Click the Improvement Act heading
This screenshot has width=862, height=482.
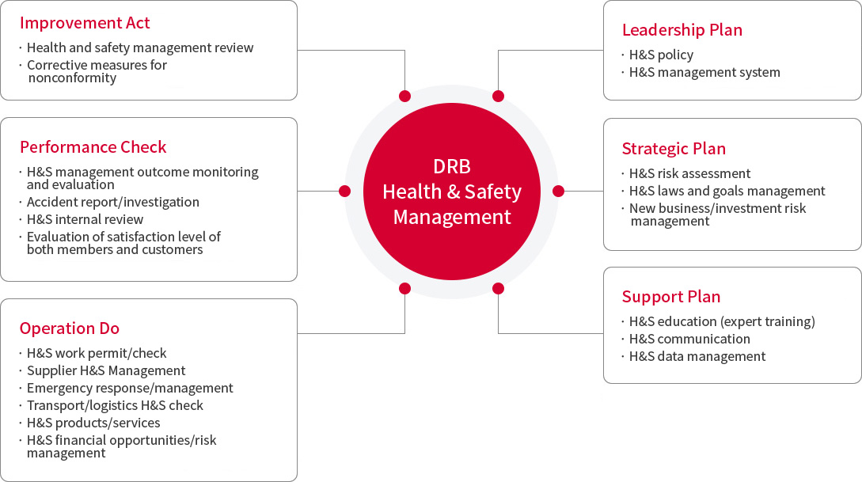click(85, 22)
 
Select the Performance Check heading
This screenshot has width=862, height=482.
click(93, 146)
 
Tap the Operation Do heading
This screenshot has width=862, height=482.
click(70, 328)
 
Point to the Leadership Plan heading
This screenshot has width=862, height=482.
click(682, 29)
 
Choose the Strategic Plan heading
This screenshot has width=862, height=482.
click(674, 148)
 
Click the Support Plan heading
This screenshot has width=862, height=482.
click(671, 296)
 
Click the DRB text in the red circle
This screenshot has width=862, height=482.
click(452, 166)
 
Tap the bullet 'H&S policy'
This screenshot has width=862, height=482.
click(662, 55)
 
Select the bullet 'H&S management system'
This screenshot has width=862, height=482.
click(704, 72)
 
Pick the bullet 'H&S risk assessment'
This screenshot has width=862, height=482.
click(690, 173)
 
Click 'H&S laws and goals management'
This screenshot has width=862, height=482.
click(727, 191)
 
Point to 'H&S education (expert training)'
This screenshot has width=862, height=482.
click(723, 321)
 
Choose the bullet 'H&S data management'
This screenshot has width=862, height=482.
click(697, 356)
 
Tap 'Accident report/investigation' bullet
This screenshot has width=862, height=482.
click(113, 203)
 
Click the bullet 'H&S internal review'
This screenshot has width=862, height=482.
click(85, 219)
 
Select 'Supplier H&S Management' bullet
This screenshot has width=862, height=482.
click(106, 370)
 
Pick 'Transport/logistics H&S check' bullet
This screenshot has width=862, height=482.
click(115, 405)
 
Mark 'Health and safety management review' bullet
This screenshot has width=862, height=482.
click(140, 47)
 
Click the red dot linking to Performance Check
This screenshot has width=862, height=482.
click(344, 192)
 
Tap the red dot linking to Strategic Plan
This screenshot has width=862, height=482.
click(559, 192)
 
